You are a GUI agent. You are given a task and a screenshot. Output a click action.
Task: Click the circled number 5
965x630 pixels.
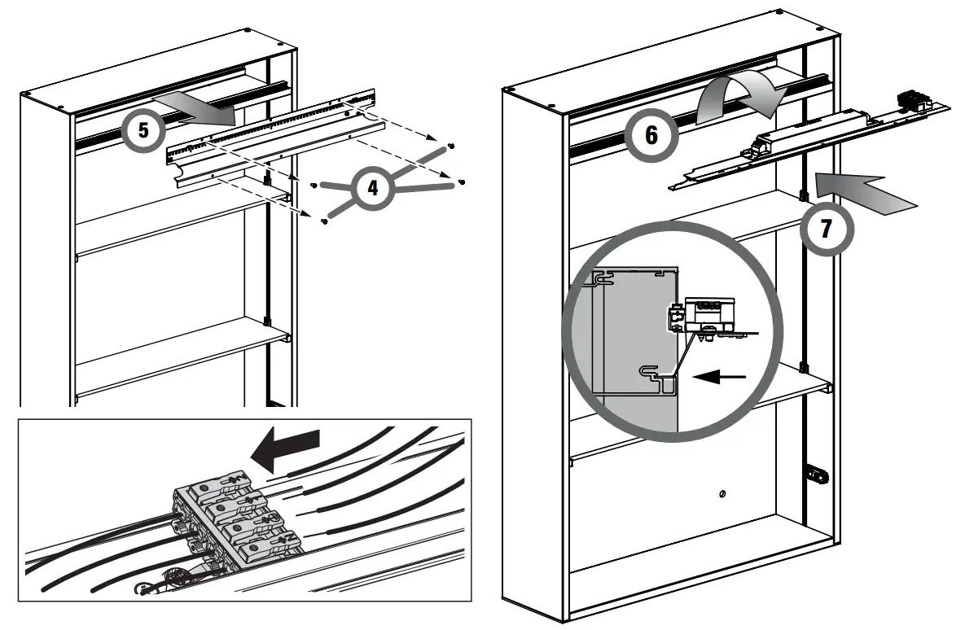point(144,130)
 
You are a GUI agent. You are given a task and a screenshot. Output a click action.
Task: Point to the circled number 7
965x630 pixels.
point(826,229)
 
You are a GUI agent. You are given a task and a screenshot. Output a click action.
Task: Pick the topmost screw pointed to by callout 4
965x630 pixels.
point(451,145)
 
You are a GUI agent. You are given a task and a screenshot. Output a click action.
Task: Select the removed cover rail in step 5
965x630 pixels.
point(269,142)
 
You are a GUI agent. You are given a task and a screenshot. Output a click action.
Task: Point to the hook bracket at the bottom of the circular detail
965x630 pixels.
point(655,376)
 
